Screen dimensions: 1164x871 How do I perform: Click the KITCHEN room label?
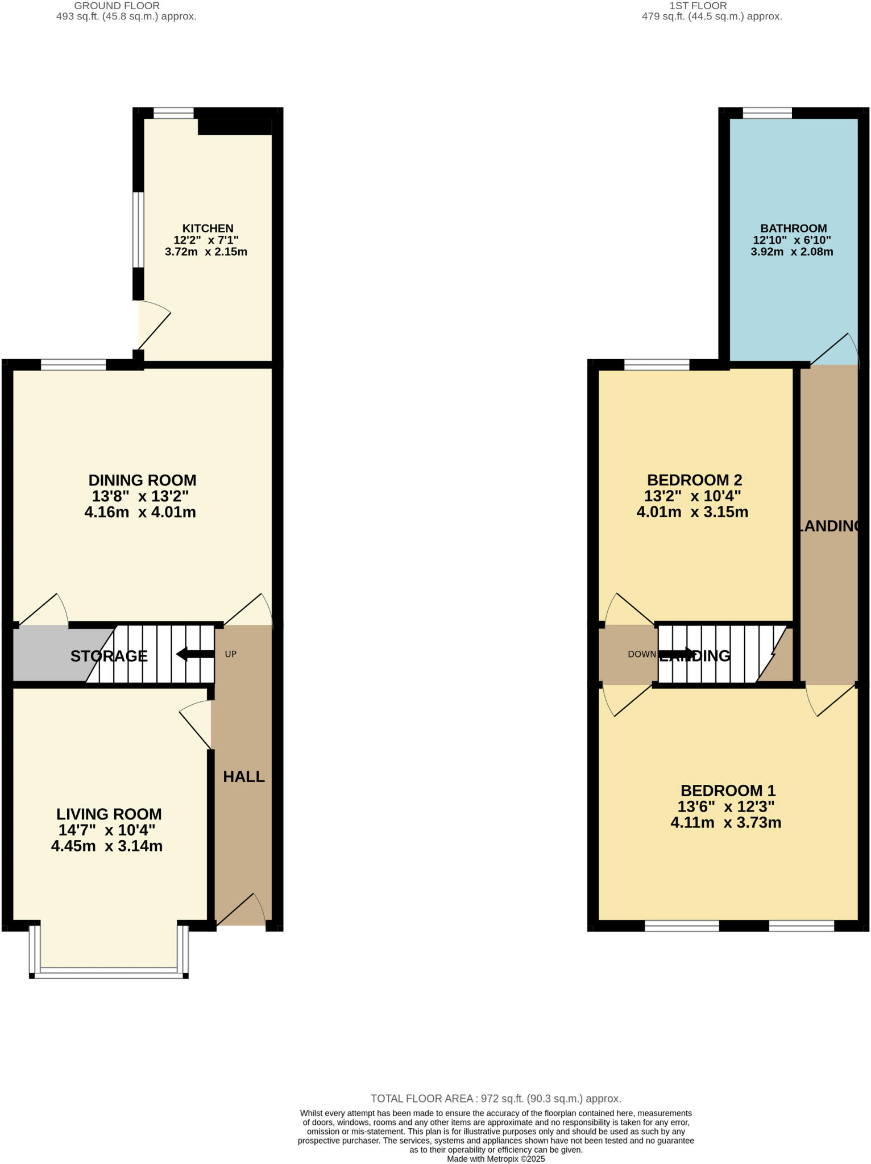(x=208, y=228)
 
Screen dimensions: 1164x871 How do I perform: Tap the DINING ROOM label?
(x=142, y=480)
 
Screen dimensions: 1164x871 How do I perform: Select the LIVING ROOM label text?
(x=109, y=813)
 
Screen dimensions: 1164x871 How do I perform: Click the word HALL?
(x=243, y=776)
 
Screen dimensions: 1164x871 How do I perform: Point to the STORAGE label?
(x=109, y=656)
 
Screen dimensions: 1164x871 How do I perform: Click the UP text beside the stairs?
(x=230, y=654)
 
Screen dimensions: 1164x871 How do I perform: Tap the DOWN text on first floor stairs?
(x=641, y=654)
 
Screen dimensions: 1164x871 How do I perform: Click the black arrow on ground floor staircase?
(x=194, y=654)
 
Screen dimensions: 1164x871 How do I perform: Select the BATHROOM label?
(x=793, y=228)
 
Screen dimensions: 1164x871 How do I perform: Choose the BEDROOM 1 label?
(x=728, y=790)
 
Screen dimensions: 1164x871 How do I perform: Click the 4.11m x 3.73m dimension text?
(x=725, y=822)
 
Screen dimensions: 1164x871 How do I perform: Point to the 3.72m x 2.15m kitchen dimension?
(x=206, y=252)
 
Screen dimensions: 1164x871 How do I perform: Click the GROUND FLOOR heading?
(x=117, y=6)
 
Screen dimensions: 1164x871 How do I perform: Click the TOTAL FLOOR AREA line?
(x=495, y=1099)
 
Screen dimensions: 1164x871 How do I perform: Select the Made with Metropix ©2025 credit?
(x=495, y=1158)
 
